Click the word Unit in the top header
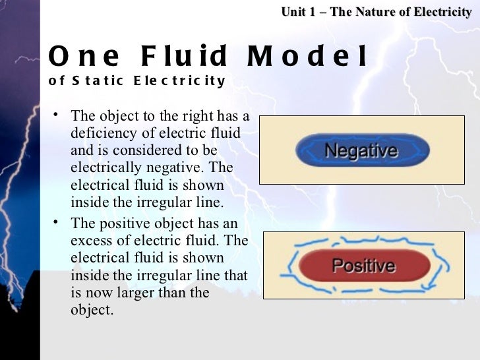coord(293,11)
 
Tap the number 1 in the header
coord(313,11)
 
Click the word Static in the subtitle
coord(96,81)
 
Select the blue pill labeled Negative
coord(361,150)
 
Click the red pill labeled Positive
coord(363,266)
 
